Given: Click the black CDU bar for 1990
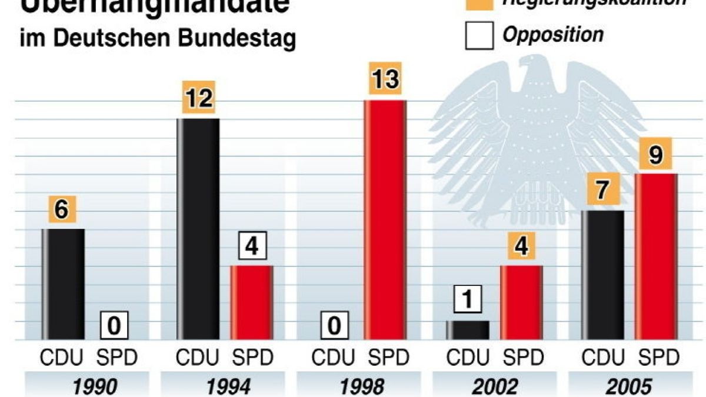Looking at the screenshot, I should (63, 284).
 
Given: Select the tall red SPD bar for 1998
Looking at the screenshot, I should (385, 220).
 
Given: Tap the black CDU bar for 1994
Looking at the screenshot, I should (198, 229).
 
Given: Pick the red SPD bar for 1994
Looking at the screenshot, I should (251, 302).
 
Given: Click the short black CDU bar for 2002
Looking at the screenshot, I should (467, 330).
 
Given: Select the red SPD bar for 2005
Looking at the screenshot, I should (655, 256).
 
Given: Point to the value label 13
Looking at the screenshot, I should (385, 78).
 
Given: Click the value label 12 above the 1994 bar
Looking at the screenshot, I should (198, 98).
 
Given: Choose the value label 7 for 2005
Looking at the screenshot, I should (601, 192).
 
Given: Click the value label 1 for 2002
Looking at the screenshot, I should (468, 301).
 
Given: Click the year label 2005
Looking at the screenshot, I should (628, 386).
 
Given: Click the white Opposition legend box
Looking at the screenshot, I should (479, 36).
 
